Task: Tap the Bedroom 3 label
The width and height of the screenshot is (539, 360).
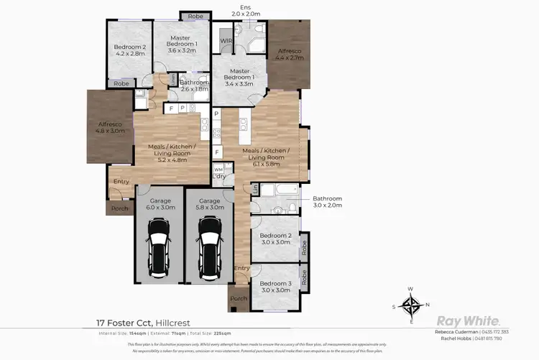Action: pos(275,287)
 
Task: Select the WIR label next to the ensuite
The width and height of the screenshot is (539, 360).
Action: pos(226,41)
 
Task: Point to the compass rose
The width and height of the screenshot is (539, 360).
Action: pos(411,307)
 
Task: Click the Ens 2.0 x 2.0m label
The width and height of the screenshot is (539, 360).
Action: pos(244,11)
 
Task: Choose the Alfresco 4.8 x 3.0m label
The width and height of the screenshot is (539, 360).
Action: pos(111,128)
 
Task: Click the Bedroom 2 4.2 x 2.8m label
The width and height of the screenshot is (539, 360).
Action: pos(129,50)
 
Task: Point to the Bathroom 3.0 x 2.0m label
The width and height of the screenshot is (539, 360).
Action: pos(327,202)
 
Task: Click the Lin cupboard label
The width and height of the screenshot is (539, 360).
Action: pos(255,188)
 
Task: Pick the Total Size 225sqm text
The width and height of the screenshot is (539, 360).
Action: pos(210,334)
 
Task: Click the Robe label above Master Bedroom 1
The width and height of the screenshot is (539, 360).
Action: pos(195,16)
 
